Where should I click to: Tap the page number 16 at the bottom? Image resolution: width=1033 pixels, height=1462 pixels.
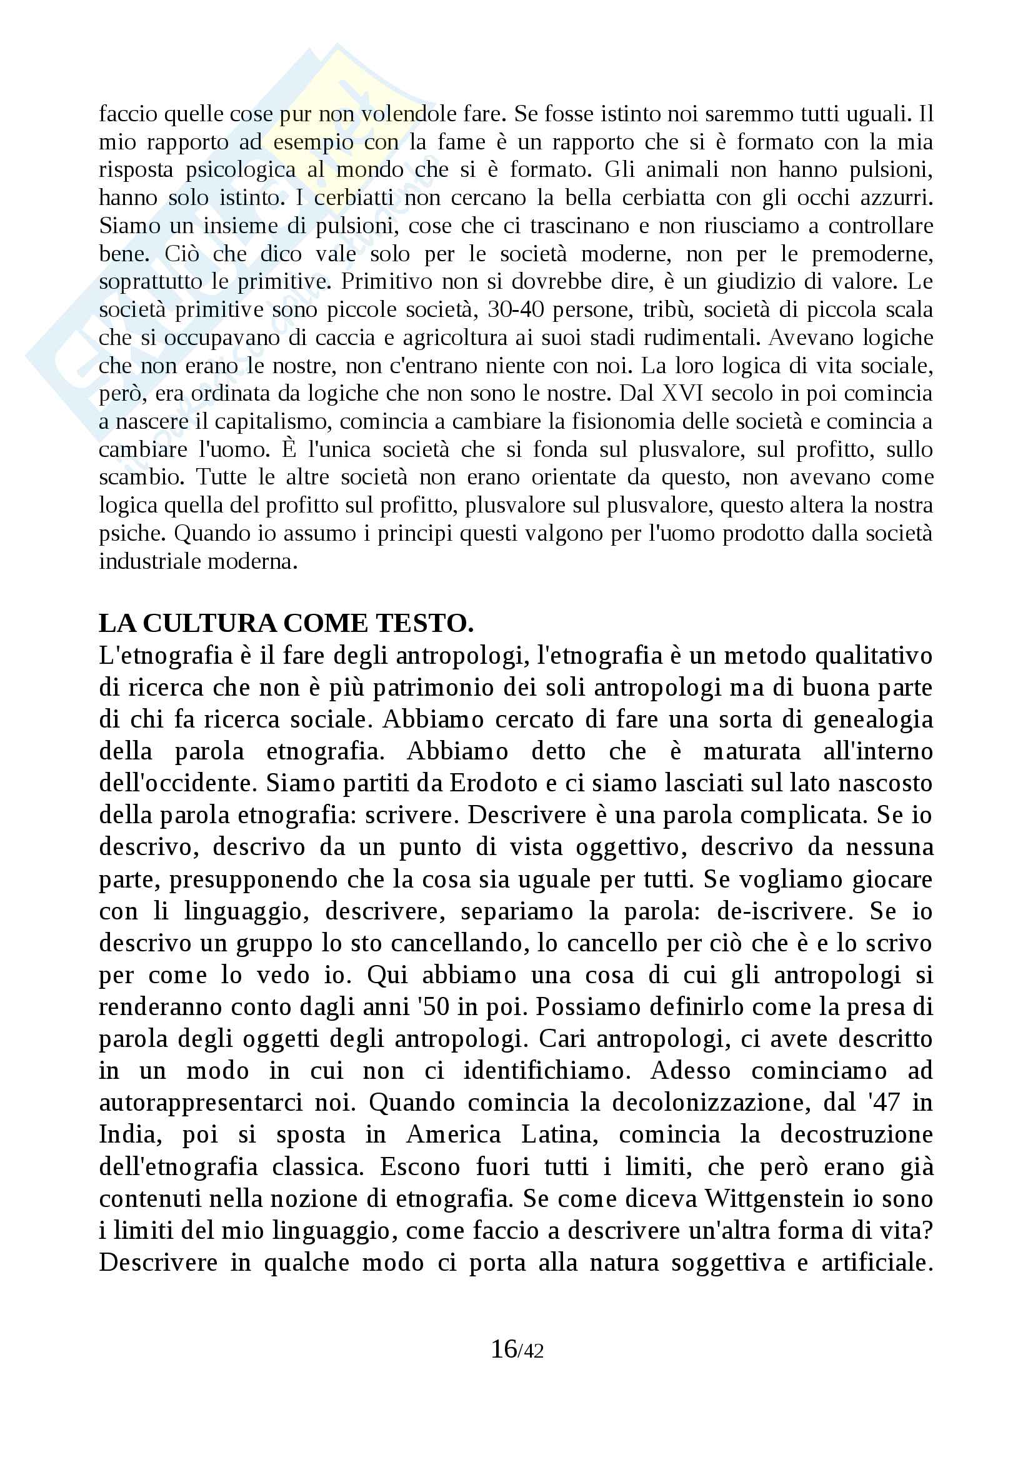click(x=504, y=1348)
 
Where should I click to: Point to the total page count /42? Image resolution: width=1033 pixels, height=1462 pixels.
click(x=531, y=1351)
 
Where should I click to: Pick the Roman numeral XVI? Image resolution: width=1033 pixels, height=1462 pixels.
click(x=684, y=394)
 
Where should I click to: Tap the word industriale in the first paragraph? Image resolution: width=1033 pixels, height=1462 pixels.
click(x=145, y=562)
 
